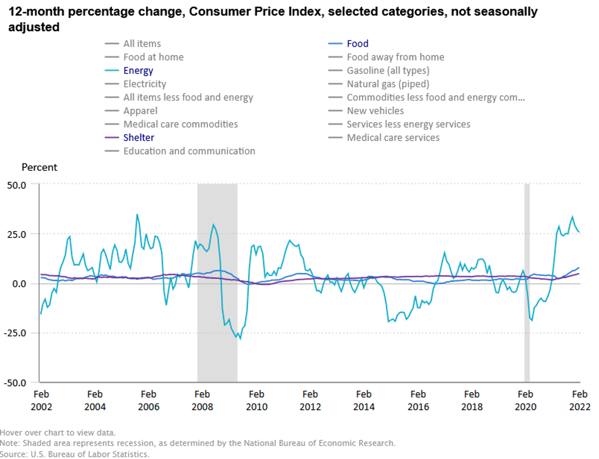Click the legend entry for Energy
tap(138, 70)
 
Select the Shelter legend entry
tap(139, 138)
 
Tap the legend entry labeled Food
tap(357, 44)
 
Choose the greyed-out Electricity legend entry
tap(145, 84)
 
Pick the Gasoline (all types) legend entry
tap(388, 70)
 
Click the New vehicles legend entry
tap(375, 111)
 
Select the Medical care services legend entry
tap(393, 138)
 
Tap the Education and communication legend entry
tap(189, 151)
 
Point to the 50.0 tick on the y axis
tap(17, 185)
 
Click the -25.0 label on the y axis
tap(15, 333)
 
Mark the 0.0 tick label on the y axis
tap(19, 284)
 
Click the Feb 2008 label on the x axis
tap(202, 400)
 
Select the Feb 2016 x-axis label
tap(418, 400)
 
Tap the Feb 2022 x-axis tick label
tap(579, 400)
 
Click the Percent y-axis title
tap(39, 168)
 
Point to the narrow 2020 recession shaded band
tap(527, 280)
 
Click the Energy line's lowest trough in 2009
tap(240, 339)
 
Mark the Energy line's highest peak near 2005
tap(137, 214)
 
